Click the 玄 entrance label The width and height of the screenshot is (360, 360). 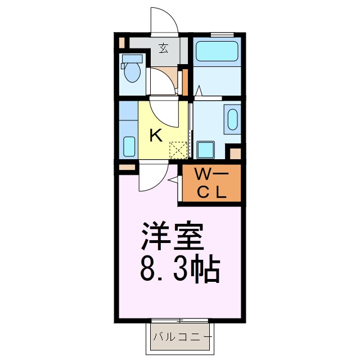164,48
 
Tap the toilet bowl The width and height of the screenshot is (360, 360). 133,71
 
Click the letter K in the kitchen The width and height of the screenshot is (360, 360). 156,135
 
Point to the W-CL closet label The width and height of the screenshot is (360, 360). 211,183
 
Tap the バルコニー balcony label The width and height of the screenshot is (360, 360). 182,338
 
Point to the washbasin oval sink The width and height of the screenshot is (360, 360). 232,119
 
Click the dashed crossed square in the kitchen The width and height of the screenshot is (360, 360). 178,150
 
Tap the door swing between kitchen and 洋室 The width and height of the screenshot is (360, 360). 152,176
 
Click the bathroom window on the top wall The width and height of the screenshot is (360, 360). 218,35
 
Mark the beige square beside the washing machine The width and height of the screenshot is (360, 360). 235,153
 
